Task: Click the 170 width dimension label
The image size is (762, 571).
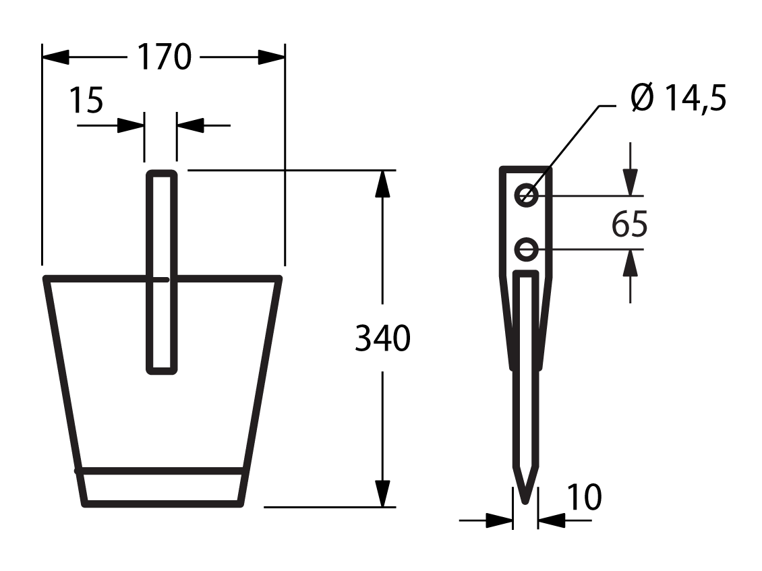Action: (x=165, y=57)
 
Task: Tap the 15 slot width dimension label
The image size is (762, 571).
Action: (x=87, y=100)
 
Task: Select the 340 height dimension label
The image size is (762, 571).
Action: (x=382, y=338)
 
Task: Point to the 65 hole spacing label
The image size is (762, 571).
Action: (x=629, y=224)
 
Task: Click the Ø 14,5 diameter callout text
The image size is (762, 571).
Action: (x=679, y=98)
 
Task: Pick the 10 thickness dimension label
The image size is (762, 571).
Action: (x=584, y=497)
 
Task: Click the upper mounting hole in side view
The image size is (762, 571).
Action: (x=526, y=196)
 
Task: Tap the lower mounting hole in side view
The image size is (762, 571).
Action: (x=526, y=250)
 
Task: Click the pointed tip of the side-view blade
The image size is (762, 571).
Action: (x=525, y=503)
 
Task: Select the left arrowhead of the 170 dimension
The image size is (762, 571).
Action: (x=55, y=57)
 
